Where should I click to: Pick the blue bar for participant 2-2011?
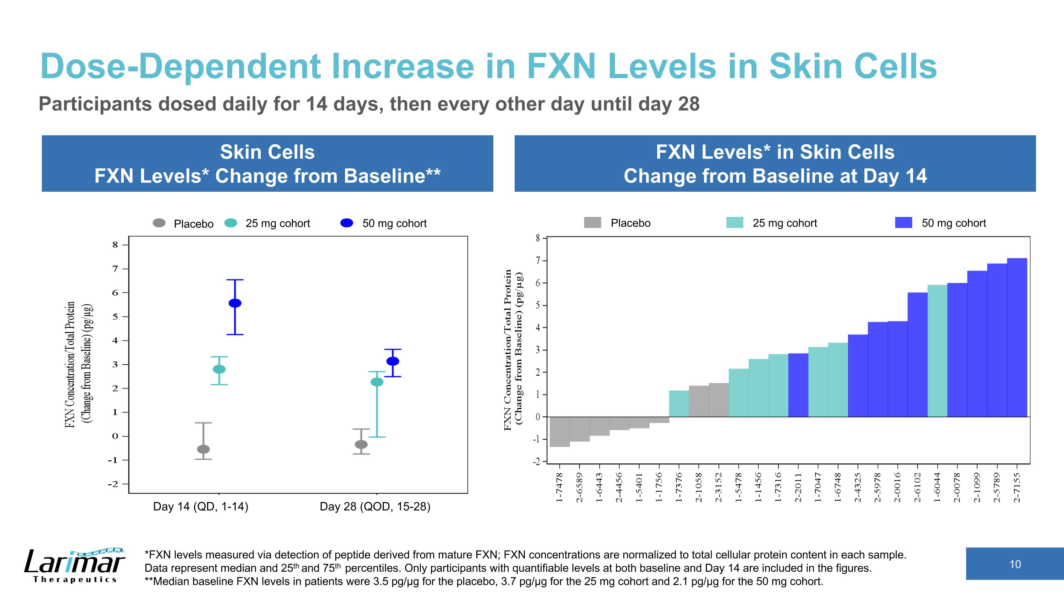click(x=798, y=385)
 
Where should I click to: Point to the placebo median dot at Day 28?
click(x=361, y=445)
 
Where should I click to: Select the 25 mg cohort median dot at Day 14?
click(x=219, y=369)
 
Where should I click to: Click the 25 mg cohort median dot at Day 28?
click(x=377, y=382)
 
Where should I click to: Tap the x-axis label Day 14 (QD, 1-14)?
click(x=201, y=506)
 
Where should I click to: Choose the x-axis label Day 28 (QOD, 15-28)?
click(x=375, y=506)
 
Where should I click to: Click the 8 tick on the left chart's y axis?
click(x=115, y=245)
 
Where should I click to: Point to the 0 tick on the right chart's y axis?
click(x=538, y=417)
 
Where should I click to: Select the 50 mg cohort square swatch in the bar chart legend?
click(x=903, y=223)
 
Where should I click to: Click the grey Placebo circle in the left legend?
click(x=159, y=223)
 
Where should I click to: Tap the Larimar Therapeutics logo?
click(x=74, y=565)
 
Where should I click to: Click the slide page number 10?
click(x=1015, y=564)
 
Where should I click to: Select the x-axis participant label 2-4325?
click(x=858, y=488)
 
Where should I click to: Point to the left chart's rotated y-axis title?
click(x=78, y=364)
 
